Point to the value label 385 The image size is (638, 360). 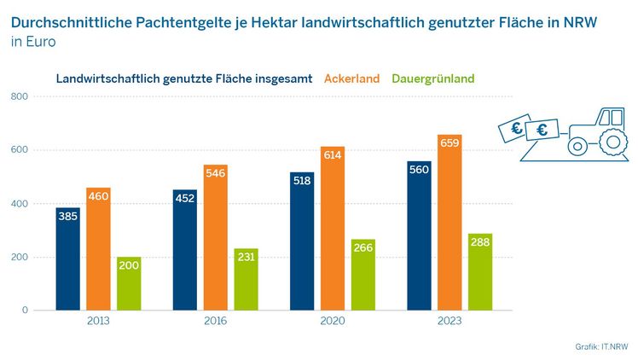pyautogui.click(x=68, y=217)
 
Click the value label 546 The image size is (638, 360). pyautogui.click(x=216, y=173)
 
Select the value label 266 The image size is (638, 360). pyautogui.click(x=362, y=248)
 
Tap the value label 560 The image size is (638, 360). pyautogui.click(x=420, y=170)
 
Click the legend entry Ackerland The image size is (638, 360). pyautogui.click(x=351, y=78)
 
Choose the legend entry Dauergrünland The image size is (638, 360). pyautogui.click(x=432, y=78)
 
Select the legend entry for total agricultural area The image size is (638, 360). pyautogui.click(x=184, y=78)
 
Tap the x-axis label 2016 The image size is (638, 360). pyautogui.click(x=216, y=322)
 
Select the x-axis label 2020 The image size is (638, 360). pyautogui.click(x=333, y=322)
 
